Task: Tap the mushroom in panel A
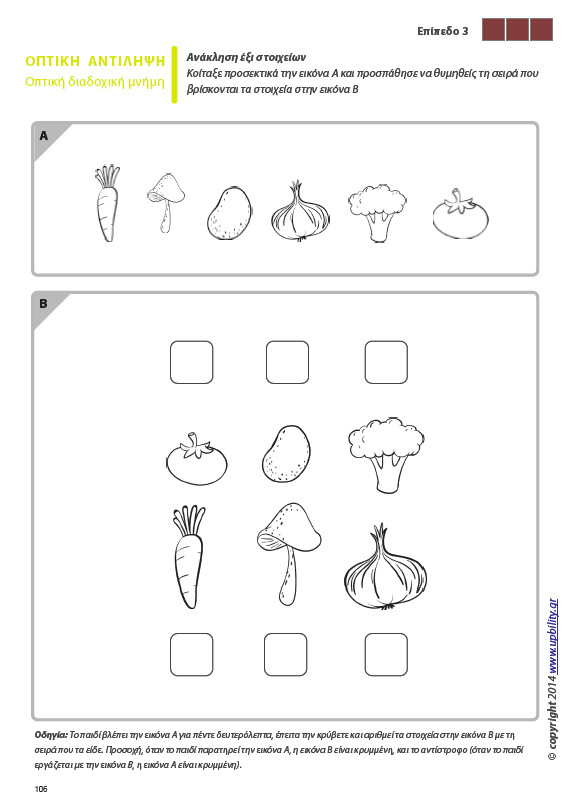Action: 166,201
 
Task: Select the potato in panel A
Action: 229,213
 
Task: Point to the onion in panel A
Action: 300,212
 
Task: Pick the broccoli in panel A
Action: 377,212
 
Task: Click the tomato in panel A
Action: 460,214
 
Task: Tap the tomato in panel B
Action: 197,459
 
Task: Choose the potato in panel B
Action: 287,454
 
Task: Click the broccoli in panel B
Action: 386,455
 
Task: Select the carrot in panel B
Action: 188,558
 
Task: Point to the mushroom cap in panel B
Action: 289,528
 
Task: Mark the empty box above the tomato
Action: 191,362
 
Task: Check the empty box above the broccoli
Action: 386,362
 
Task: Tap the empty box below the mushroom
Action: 286,655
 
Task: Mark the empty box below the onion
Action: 386,655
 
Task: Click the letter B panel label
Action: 43,304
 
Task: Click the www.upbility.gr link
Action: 553,636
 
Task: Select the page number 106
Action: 41,789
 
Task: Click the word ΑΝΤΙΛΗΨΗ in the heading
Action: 127,61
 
